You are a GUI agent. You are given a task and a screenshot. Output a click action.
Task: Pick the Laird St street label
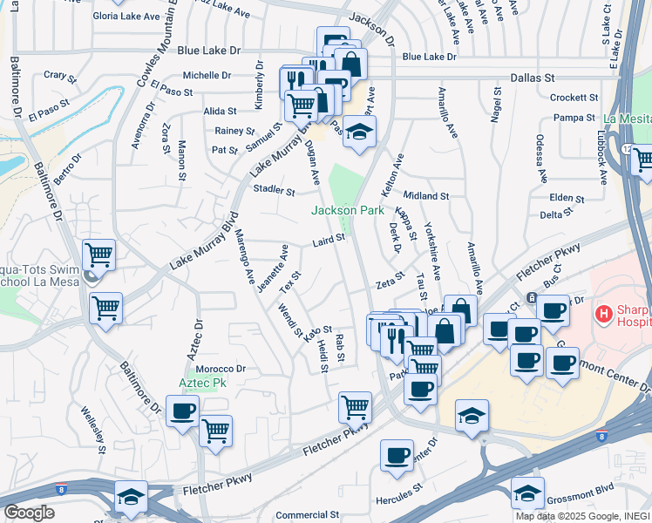(329, 238)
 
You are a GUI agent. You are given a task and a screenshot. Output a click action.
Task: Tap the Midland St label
(426, 197)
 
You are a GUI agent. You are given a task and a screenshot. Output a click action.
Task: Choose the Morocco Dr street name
(222, 369)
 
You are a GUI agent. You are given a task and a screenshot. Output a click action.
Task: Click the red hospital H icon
(602, 312)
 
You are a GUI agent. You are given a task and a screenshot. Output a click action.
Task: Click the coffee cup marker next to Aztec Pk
(182, 412)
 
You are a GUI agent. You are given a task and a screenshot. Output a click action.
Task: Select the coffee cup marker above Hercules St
(397, 456)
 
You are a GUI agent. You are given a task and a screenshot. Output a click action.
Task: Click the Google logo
(29, 512)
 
